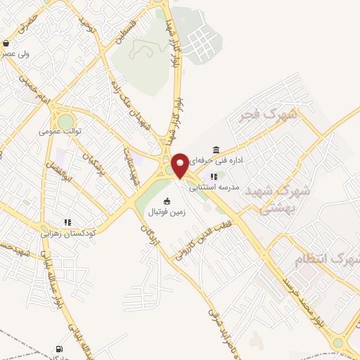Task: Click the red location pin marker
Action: pos(181,165)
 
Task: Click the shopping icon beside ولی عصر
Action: pos(6,43)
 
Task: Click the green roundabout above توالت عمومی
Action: pos(65,121)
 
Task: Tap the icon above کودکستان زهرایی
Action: pos(67,222)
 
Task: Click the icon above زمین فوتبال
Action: pos(167,202)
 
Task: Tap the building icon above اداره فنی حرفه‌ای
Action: pos(215,150)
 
